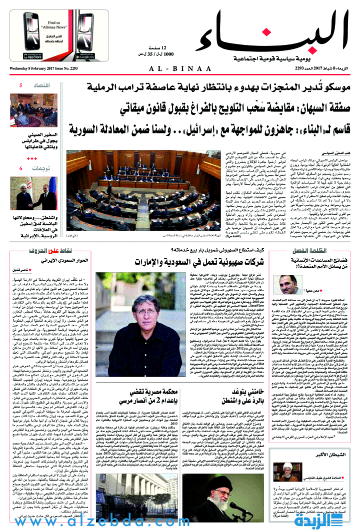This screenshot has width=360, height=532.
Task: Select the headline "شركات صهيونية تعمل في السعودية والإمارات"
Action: coord(195,262)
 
